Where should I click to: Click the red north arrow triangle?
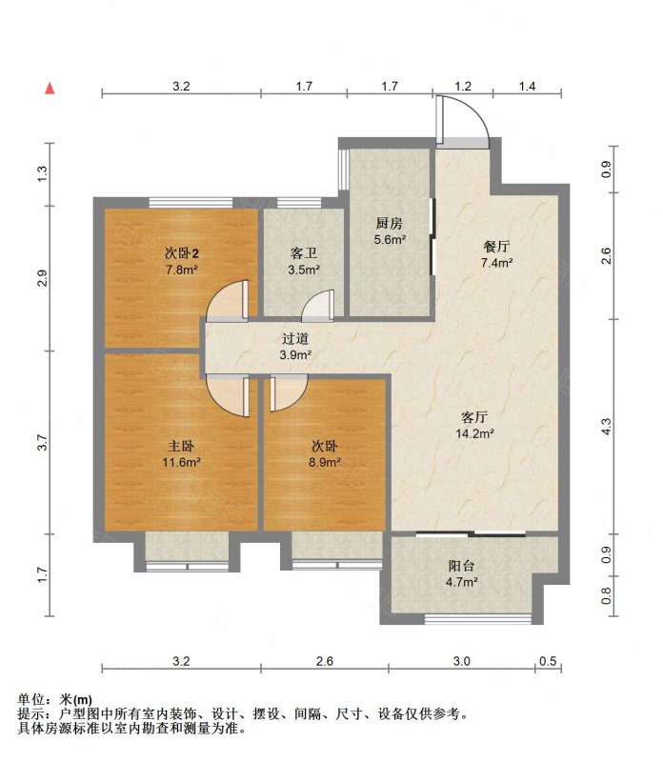pyautogui.click(x=50, y=88)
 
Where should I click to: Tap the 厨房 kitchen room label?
pyautogui.click(x=390, y=224)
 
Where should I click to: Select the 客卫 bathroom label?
pyautogui.click(x=304, y=252)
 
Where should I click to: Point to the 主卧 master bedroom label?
pyautogui.click(x=181, y=446)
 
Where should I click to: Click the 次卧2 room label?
pyautogui.click(x=181, y=253)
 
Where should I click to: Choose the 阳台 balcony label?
pyautogui.click(x=461, y=566)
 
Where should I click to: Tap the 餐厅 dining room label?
pyautogui.click(x=496, y=247)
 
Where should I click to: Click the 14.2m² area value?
pyautogui.click(x=475, y=433)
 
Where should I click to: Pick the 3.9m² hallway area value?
pyautogui.click(x=295, y=354)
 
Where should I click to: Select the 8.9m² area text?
pyautogui.click(x=325, y=462)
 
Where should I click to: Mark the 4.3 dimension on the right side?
pyautogui.click(x=606, y=426)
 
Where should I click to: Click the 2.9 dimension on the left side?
pyautogui.click(x=43, y=278)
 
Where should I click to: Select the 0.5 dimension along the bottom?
pyautogui.click(x=548, y=661)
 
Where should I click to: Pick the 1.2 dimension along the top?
pyautogui.click(x=463, y=87)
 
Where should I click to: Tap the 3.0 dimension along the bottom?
pyautogui.click(x=462, y=661)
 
